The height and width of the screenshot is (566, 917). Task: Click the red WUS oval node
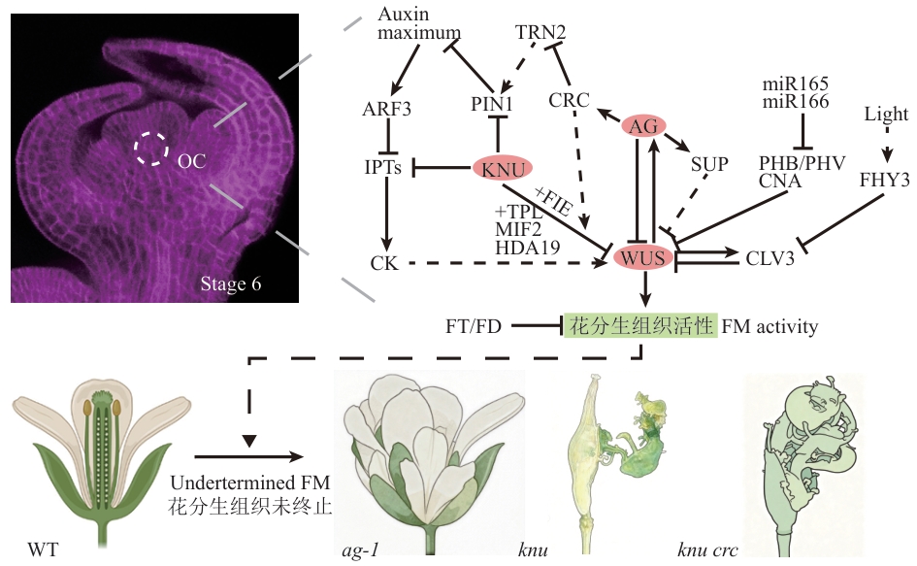643,257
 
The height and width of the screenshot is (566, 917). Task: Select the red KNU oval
503,169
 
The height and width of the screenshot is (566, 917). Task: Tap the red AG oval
643,126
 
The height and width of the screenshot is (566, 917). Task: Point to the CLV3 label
770,258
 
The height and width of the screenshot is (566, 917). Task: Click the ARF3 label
386,109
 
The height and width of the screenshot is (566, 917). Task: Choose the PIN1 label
492,104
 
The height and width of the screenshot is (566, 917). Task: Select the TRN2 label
540,32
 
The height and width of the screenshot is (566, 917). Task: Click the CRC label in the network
569,100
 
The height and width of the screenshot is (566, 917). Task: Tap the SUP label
709,164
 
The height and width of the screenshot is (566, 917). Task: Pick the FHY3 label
884,180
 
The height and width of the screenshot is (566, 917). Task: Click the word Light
887,114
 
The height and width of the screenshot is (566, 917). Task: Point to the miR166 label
796,102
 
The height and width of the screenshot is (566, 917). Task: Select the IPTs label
383,168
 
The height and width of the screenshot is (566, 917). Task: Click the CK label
384,263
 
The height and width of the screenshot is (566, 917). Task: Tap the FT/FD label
474,326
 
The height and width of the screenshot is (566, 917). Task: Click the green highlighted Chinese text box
640,325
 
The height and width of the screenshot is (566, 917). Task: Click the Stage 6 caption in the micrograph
230,283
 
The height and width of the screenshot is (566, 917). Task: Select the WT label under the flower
44,549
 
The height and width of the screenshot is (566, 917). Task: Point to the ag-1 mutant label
360,550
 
